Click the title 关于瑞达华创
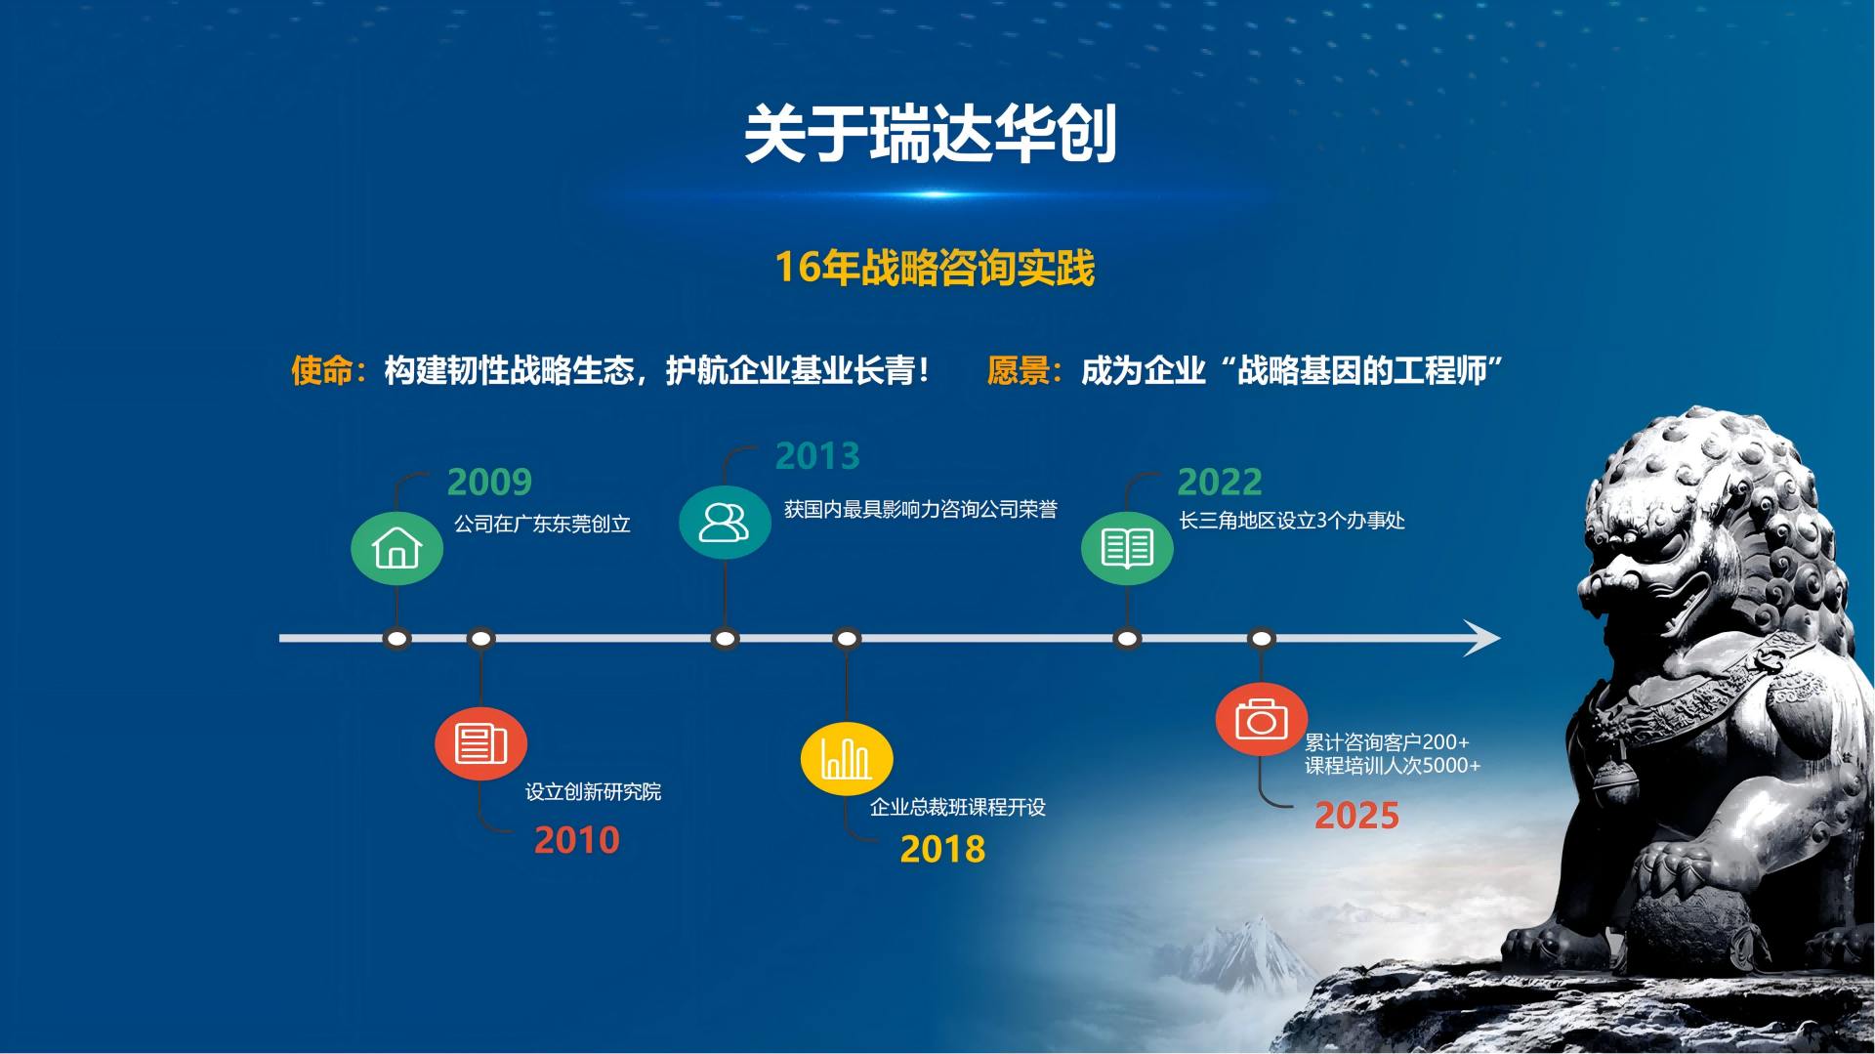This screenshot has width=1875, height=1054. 931,134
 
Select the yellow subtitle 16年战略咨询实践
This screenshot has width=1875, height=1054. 935,268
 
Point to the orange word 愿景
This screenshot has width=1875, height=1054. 1018,370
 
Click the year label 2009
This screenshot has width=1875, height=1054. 489,482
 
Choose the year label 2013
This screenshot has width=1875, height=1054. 817,455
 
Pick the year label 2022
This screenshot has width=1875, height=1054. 1220,482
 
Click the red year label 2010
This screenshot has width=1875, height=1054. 576,840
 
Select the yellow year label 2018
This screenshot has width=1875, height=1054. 942,849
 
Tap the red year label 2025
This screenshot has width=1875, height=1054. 1356,816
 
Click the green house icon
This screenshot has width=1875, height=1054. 396,548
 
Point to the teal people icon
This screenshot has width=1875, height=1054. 725,523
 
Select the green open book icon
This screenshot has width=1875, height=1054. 1127,548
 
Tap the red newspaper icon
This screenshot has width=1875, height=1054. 480,743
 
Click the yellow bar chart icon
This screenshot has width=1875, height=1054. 847,759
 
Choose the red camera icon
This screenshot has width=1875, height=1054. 1262,720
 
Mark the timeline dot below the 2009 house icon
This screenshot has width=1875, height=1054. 396,639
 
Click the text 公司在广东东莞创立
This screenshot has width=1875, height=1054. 542,524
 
